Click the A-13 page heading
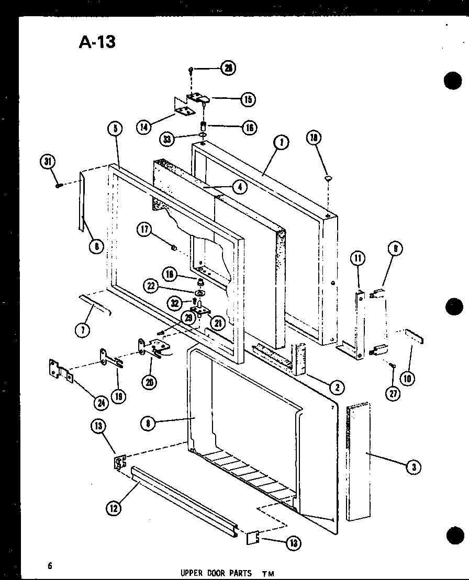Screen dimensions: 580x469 click(x=97, y=42)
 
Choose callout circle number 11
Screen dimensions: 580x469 click(x=358, y=258)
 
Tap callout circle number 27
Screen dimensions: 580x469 click(x=393, y=393)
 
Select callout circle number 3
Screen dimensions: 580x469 click(x=414, y=467)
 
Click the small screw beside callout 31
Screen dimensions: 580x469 click(x=60, y=184)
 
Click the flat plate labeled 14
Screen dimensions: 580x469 click(x=184, y=110)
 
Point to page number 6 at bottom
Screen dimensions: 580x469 click(x=50, y=565)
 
